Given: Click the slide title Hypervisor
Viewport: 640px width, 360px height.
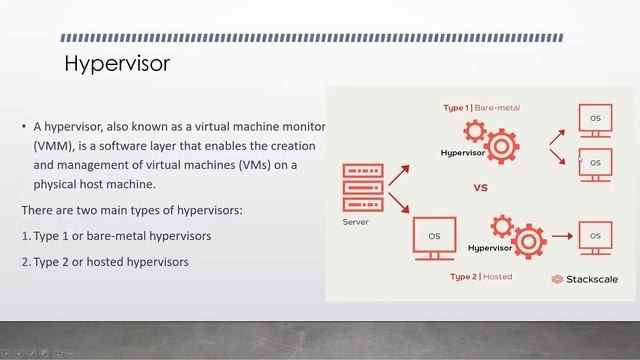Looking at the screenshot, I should (117, 65).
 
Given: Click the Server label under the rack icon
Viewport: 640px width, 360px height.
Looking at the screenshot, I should (357, 222).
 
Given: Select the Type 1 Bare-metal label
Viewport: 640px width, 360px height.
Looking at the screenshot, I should (482, 107).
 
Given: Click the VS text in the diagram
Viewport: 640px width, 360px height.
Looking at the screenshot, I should (480, 187).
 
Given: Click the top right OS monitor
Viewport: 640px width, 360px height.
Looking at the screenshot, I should (595, 120).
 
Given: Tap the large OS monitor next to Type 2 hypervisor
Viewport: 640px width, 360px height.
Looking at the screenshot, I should (434, 238).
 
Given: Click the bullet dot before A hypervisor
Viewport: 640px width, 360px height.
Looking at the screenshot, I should (24, 127).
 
